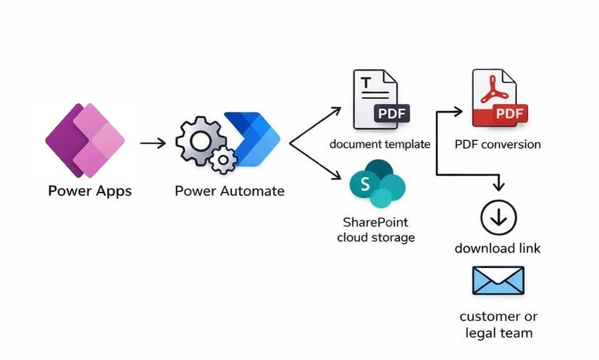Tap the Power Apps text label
90,191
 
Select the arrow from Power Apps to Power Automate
152,143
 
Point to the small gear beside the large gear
222,161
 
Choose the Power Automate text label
229,191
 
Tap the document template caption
380,144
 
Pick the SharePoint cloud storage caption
376,230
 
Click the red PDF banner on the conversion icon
500,115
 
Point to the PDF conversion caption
498,144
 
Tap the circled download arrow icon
498,218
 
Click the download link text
498,249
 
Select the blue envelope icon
498,281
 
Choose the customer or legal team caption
498,324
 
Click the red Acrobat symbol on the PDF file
492,93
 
